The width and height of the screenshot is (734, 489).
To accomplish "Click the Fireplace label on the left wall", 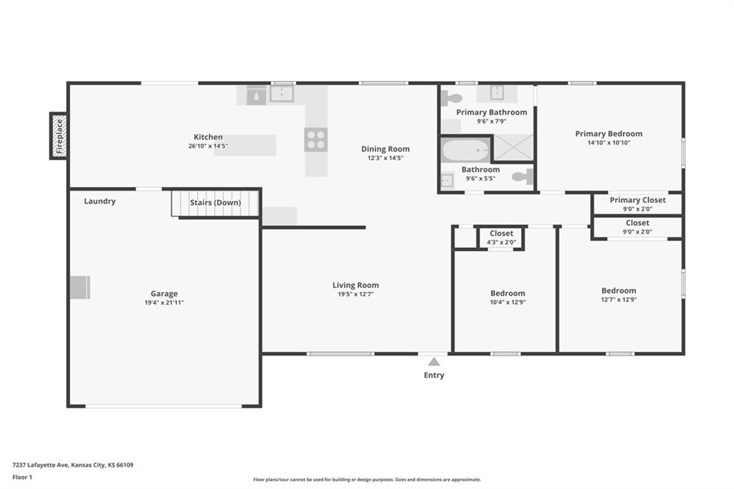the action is [59, 137].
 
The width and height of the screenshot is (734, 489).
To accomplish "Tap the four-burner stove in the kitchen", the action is [316, 140].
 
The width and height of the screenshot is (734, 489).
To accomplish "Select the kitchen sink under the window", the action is [282, 93].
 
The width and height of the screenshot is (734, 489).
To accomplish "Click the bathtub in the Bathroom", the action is [465, 151].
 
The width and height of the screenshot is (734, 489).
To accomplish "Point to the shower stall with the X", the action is [513, 147].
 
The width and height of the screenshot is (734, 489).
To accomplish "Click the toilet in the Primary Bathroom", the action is [452, 98].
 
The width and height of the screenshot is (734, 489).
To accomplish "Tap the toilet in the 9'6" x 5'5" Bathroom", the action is [523, 176].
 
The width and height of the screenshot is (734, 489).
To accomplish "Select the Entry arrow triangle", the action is [434, 361].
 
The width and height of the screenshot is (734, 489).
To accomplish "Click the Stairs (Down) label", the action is [215, 203].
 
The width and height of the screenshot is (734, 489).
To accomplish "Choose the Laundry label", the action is [100, 201].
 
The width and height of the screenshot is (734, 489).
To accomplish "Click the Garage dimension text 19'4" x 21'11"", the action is [164, 303].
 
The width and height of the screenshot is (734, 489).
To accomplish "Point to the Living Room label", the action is [356, 285].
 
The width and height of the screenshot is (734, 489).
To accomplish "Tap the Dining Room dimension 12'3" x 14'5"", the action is [385, 158].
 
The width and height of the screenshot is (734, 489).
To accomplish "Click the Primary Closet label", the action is [637, 200].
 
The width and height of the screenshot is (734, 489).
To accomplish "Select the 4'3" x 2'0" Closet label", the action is [501, 233].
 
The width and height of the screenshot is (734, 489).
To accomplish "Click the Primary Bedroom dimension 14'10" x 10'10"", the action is [609, 143].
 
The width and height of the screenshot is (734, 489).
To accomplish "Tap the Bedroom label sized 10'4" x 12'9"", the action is [508, 293].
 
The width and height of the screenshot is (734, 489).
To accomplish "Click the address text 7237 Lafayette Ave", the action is [41, 465].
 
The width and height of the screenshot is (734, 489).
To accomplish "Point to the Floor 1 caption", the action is [22, 478].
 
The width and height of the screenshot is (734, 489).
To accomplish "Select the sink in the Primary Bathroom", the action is [497, 92].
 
